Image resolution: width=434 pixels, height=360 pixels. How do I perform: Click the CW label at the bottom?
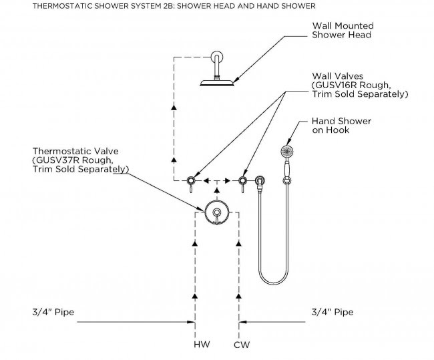point(242,345)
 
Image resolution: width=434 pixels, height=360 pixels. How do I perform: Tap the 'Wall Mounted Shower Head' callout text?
point(341,30)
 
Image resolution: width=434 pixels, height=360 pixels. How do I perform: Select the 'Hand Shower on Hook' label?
point(341,125)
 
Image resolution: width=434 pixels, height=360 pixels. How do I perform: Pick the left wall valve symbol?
point(192,180)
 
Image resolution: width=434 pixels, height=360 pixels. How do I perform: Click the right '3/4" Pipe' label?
point(333,312)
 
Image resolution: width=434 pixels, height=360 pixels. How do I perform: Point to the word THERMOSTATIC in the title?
point(36,6)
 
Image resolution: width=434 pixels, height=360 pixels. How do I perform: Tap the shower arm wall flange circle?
point(216,57)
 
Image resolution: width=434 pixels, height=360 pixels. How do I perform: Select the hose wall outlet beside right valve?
point(260,180)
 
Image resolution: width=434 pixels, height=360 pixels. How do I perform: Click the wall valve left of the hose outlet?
point(243,180)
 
